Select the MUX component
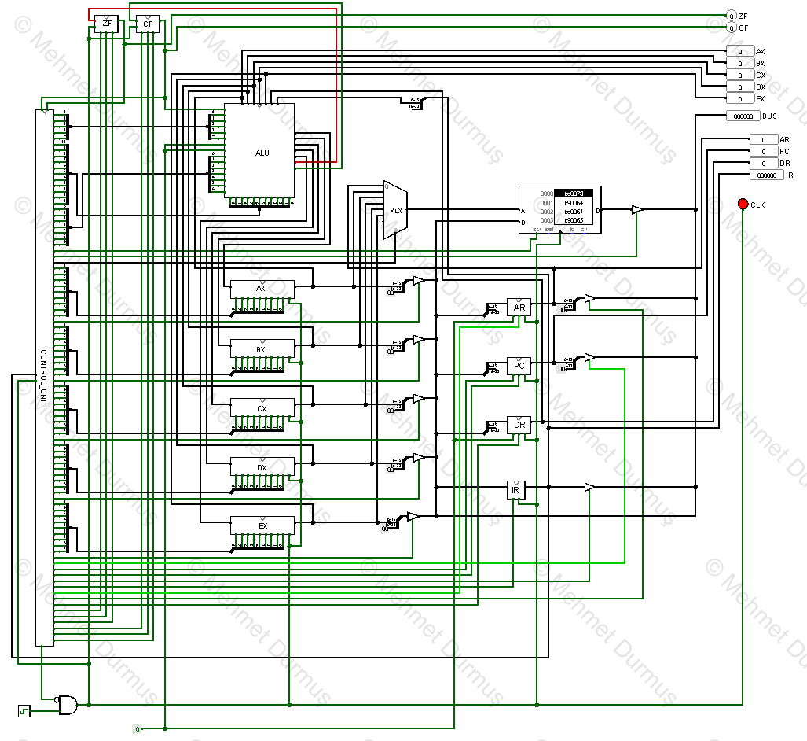[x=395, y=210]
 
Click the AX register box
[x=262, y=289]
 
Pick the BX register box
[x=262, y=348]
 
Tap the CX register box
[x=262, y=408]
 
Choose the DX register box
[x=262, y=467]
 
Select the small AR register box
[x=519, y=308]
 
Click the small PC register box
[x=519, y=367]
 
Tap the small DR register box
[x=519, y=426]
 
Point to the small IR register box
[x=515, y=490]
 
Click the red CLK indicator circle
[x=743, y=205]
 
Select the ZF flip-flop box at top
[x=107, y=24]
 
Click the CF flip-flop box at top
[x=147, y=24]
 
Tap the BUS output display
[x=742, y=116]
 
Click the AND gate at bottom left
[x=68, y=705]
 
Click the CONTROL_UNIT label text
[x=43, y=378]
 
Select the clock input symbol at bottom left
[x=24, y=711]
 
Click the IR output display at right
[x=766, y=175]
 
